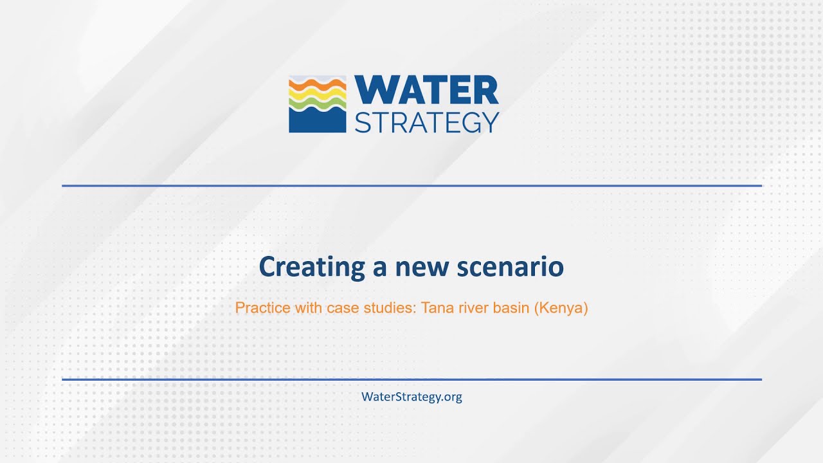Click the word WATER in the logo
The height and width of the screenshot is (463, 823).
pyautogui.click(x=426, y=91)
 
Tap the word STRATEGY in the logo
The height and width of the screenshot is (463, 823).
pyautogui.click(x=426, y=122)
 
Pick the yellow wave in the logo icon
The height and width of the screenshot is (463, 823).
pyautogui.click(x=318, y=95)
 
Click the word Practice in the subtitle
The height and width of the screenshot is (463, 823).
pyautogui.click(x=262, y=308)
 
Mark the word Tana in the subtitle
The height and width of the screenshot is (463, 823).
pyautogui.click(x=436, y=308)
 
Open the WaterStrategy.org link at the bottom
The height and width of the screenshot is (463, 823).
pyautogui.click(x=411, y=397)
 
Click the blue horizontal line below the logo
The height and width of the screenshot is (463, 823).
pyautogui.click(x=411, y=186)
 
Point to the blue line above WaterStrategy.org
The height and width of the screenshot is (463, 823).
pyautogui.click(x=411, y=379)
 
